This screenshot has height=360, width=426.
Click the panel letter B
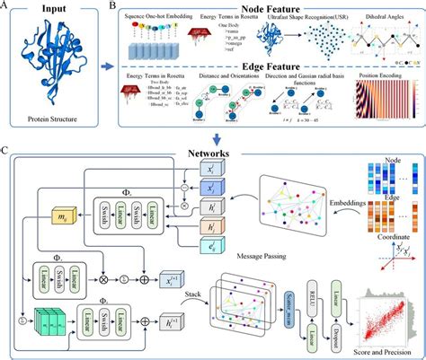(111, 7)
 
